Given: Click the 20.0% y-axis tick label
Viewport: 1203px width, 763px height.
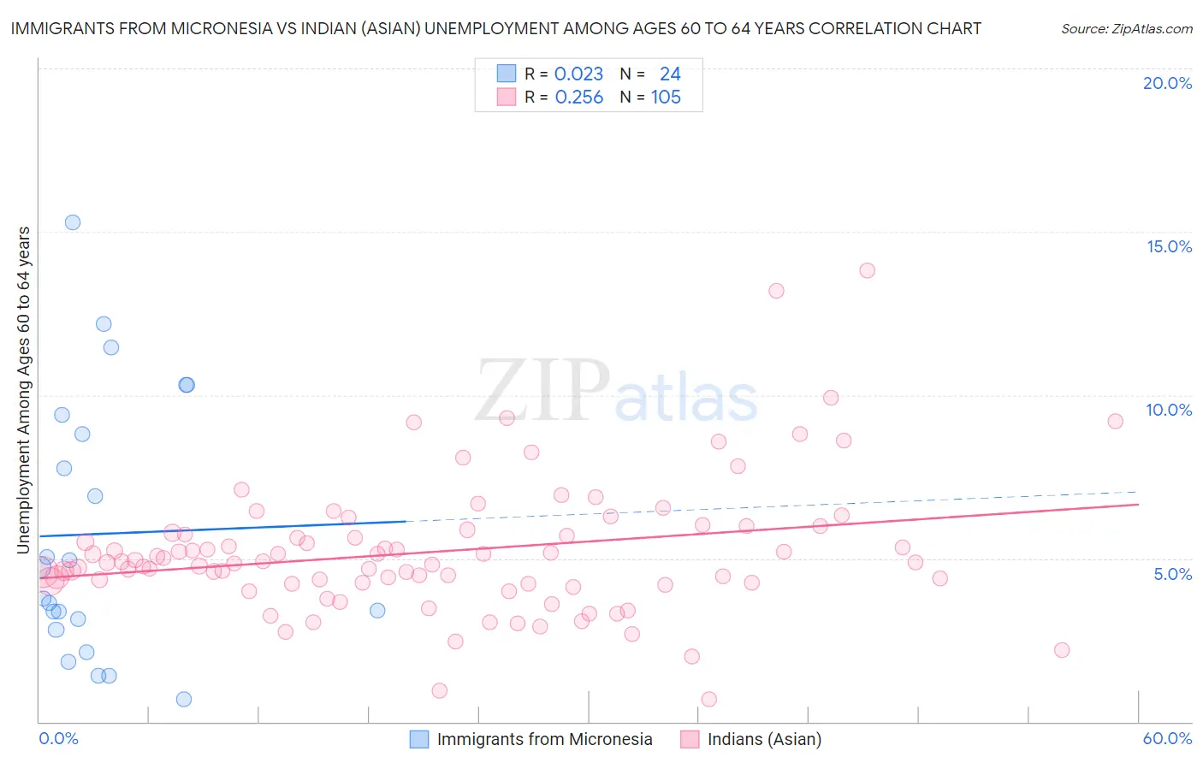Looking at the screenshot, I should click(1167, 83).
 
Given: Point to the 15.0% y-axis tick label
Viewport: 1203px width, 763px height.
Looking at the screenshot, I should click(1169, 246).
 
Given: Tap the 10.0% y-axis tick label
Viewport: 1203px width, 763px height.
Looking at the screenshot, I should click(1169, 410).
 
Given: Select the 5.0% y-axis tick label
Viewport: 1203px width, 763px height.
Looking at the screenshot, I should click(1172, 574).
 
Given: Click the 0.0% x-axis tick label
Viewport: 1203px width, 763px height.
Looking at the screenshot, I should click(58, 738).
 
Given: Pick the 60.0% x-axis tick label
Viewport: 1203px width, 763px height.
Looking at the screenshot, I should click(1167, 738).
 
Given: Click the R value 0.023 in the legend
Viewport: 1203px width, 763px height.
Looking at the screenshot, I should click(578, 74).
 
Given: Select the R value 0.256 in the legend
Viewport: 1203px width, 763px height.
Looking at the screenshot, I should click(578, 98).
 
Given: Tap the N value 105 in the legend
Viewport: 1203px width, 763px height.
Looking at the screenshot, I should click(666, 98).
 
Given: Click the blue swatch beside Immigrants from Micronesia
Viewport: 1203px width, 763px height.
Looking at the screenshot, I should click(419, 739).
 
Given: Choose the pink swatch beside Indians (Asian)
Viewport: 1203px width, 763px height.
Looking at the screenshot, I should click(690, 739).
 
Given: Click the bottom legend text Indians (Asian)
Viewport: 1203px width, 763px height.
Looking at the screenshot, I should click(764, 739).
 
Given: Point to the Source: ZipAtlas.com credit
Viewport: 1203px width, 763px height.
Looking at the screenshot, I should click(1126, 29).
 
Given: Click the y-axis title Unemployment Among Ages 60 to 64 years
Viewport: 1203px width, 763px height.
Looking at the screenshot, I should click(24, 390).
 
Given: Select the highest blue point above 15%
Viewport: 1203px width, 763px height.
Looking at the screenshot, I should click(73, 222).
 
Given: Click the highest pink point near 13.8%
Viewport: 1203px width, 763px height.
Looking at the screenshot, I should click(867, 270).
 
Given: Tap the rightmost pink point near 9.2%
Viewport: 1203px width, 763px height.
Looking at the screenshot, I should click(1115, 421).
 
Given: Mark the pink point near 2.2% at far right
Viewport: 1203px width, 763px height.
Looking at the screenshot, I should click(1062, 650).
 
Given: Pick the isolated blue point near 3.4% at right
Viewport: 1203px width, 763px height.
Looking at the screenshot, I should click(377, 611).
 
